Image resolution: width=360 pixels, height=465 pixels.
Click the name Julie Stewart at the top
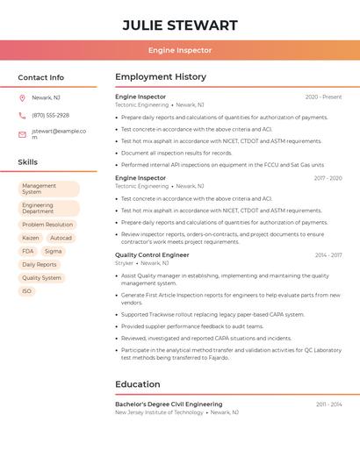(180, 25)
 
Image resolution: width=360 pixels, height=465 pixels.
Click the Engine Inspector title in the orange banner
(180, 51)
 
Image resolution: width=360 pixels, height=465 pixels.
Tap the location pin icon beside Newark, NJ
(22, 98)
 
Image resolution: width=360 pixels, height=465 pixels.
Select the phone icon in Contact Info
(22, 116)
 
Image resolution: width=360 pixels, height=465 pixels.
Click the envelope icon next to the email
(22, 134)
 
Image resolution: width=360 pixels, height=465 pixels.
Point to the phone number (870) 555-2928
(50, 116)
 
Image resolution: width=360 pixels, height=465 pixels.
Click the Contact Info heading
(41, 77)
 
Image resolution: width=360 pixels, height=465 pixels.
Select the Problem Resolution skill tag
(47, 225)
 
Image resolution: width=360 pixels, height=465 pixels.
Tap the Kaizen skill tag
(31, 238)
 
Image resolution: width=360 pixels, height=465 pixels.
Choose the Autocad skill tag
(61, 238)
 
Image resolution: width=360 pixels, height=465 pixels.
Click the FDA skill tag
(28, 251)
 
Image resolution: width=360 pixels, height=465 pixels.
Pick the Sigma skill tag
(54, 251)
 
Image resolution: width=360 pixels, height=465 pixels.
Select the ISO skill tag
(27, 291)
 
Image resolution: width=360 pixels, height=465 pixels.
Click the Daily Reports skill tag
(40, 264)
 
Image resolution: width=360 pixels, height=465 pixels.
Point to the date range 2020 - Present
(323, 97)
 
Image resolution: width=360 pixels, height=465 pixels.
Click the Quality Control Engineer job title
(152, 255)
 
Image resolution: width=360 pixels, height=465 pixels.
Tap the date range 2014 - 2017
(328, 255)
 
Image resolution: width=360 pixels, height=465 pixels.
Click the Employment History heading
(161, 77)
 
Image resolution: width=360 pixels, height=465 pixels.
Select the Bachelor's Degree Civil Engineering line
(169, 404)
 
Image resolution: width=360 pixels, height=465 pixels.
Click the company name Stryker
(124, 263)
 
